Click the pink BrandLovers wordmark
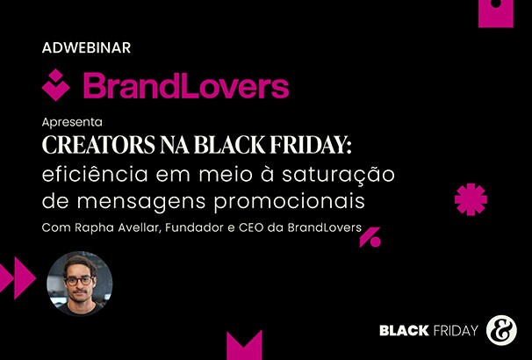pyautogui.click(x=185, y=86)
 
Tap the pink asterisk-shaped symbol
pyautogui.click(x=471, y=198)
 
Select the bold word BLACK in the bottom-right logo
pyautogui.click(x=404, y=331)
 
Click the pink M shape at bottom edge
pyautogui.click(x=244, y=345)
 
